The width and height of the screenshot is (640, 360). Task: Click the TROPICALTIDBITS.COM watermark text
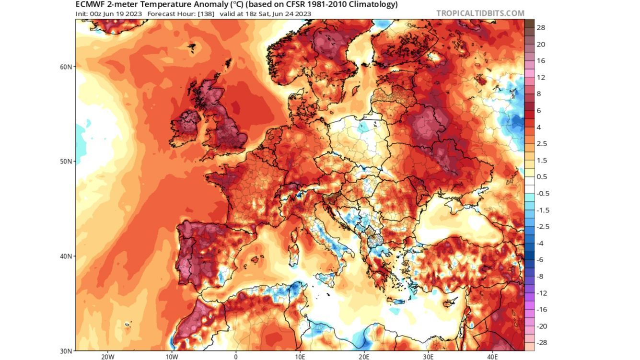click(x=480, y=13)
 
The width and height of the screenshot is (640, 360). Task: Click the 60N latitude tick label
click(x=66, y=66)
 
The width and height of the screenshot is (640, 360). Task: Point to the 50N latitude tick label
click(x=66, y=161)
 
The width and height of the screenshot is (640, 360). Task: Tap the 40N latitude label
click(x=66, y=256)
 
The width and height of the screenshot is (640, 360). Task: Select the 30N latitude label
click(x=66, y=351)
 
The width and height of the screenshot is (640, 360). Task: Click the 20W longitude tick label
click(x=107, y=357)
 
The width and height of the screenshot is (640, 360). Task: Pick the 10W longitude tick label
click(x=172, y=357)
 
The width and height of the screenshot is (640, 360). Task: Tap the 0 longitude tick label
click(x=236, y=357)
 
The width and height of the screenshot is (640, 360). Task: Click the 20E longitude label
click(x=364, y=357)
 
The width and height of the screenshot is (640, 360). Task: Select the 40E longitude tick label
click(x=492, y=357)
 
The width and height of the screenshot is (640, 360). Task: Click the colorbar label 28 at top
click(x=541, y=28)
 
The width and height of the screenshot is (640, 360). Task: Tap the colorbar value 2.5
click(x=542, y=144)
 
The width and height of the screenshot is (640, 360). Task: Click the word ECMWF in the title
click(x=90, y=4)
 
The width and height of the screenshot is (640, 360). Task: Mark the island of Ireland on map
click(x=185, y=128)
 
